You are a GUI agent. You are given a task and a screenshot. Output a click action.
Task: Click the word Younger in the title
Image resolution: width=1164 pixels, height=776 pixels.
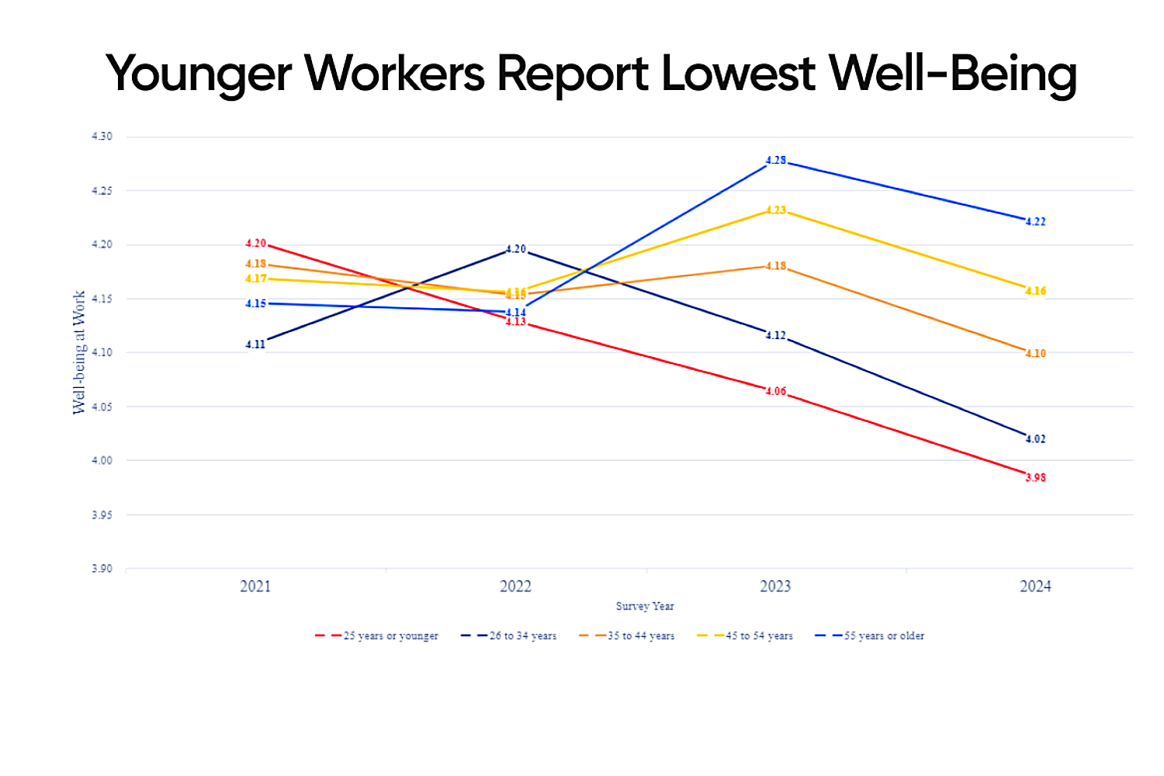click(x=199, y=74)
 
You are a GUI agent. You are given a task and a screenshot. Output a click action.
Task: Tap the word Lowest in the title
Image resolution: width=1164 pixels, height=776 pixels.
click(x=738, y=74)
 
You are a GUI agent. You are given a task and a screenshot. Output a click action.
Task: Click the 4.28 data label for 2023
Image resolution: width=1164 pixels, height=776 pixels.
click(x=776, y=161)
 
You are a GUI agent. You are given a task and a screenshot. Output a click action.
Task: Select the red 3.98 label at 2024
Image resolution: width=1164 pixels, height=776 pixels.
click(x=1035, y=478)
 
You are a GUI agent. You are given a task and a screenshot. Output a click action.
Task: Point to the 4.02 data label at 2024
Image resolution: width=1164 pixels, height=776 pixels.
click(x=1035, y=439)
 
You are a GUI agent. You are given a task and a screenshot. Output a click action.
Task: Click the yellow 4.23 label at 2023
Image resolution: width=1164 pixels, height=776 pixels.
click(x=776, y=210)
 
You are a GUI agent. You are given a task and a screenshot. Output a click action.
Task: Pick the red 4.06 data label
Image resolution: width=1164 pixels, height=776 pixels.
click(x=776, y=392)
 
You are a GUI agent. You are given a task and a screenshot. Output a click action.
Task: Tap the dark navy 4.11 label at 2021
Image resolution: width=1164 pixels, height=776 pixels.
click(x=255, y=345)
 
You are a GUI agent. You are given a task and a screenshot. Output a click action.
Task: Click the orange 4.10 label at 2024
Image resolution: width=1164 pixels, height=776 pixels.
click(x=1035, y=354)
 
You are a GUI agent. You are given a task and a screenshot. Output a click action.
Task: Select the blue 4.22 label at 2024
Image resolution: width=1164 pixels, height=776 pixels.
click(x=1035, y=222)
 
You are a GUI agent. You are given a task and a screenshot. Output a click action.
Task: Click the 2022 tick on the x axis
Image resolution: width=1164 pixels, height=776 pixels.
click(x=515, y=587)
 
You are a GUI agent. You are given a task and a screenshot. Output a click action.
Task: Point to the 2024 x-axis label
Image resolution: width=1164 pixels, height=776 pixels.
click(x=1035, y=587)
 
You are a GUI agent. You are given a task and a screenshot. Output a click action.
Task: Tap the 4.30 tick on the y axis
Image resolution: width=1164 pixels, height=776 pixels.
click(x=102, y=137)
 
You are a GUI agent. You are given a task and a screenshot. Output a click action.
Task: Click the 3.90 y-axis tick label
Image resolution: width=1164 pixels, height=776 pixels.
click(x=102, y=569)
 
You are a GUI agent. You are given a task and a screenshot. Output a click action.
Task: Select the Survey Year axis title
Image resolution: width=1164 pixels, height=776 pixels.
click(x=645, y=606)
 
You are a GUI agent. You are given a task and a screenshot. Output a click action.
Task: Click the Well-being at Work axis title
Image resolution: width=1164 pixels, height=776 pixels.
click(x=79, y=352)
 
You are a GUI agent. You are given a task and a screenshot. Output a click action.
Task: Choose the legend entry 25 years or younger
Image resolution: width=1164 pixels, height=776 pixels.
click(x=390, y=636)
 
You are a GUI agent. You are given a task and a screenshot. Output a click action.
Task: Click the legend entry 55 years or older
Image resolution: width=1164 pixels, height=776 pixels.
click(x=884, y=636)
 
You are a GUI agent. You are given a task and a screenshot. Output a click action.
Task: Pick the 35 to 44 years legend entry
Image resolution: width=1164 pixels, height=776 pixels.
click(x=640, y=636)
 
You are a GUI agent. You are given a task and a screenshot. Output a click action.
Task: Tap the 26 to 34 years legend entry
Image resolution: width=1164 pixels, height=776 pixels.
click(x=522, y=636)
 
